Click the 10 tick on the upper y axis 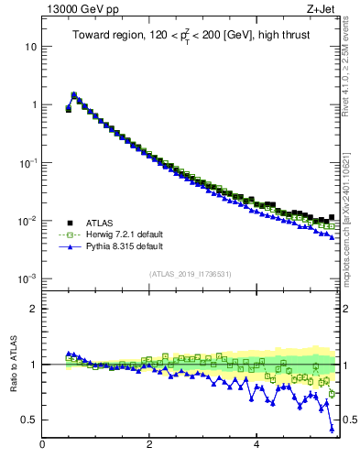point(29,46)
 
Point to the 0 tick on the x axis point(42,446)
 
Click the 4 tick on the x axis point(256,446)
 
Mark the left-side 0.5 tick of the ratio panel point(28,420)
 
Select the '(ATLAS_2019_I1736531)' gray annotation point(191,274)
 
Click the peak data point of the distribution point(73,94)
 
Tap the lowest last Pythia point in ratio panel point(332,429)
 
